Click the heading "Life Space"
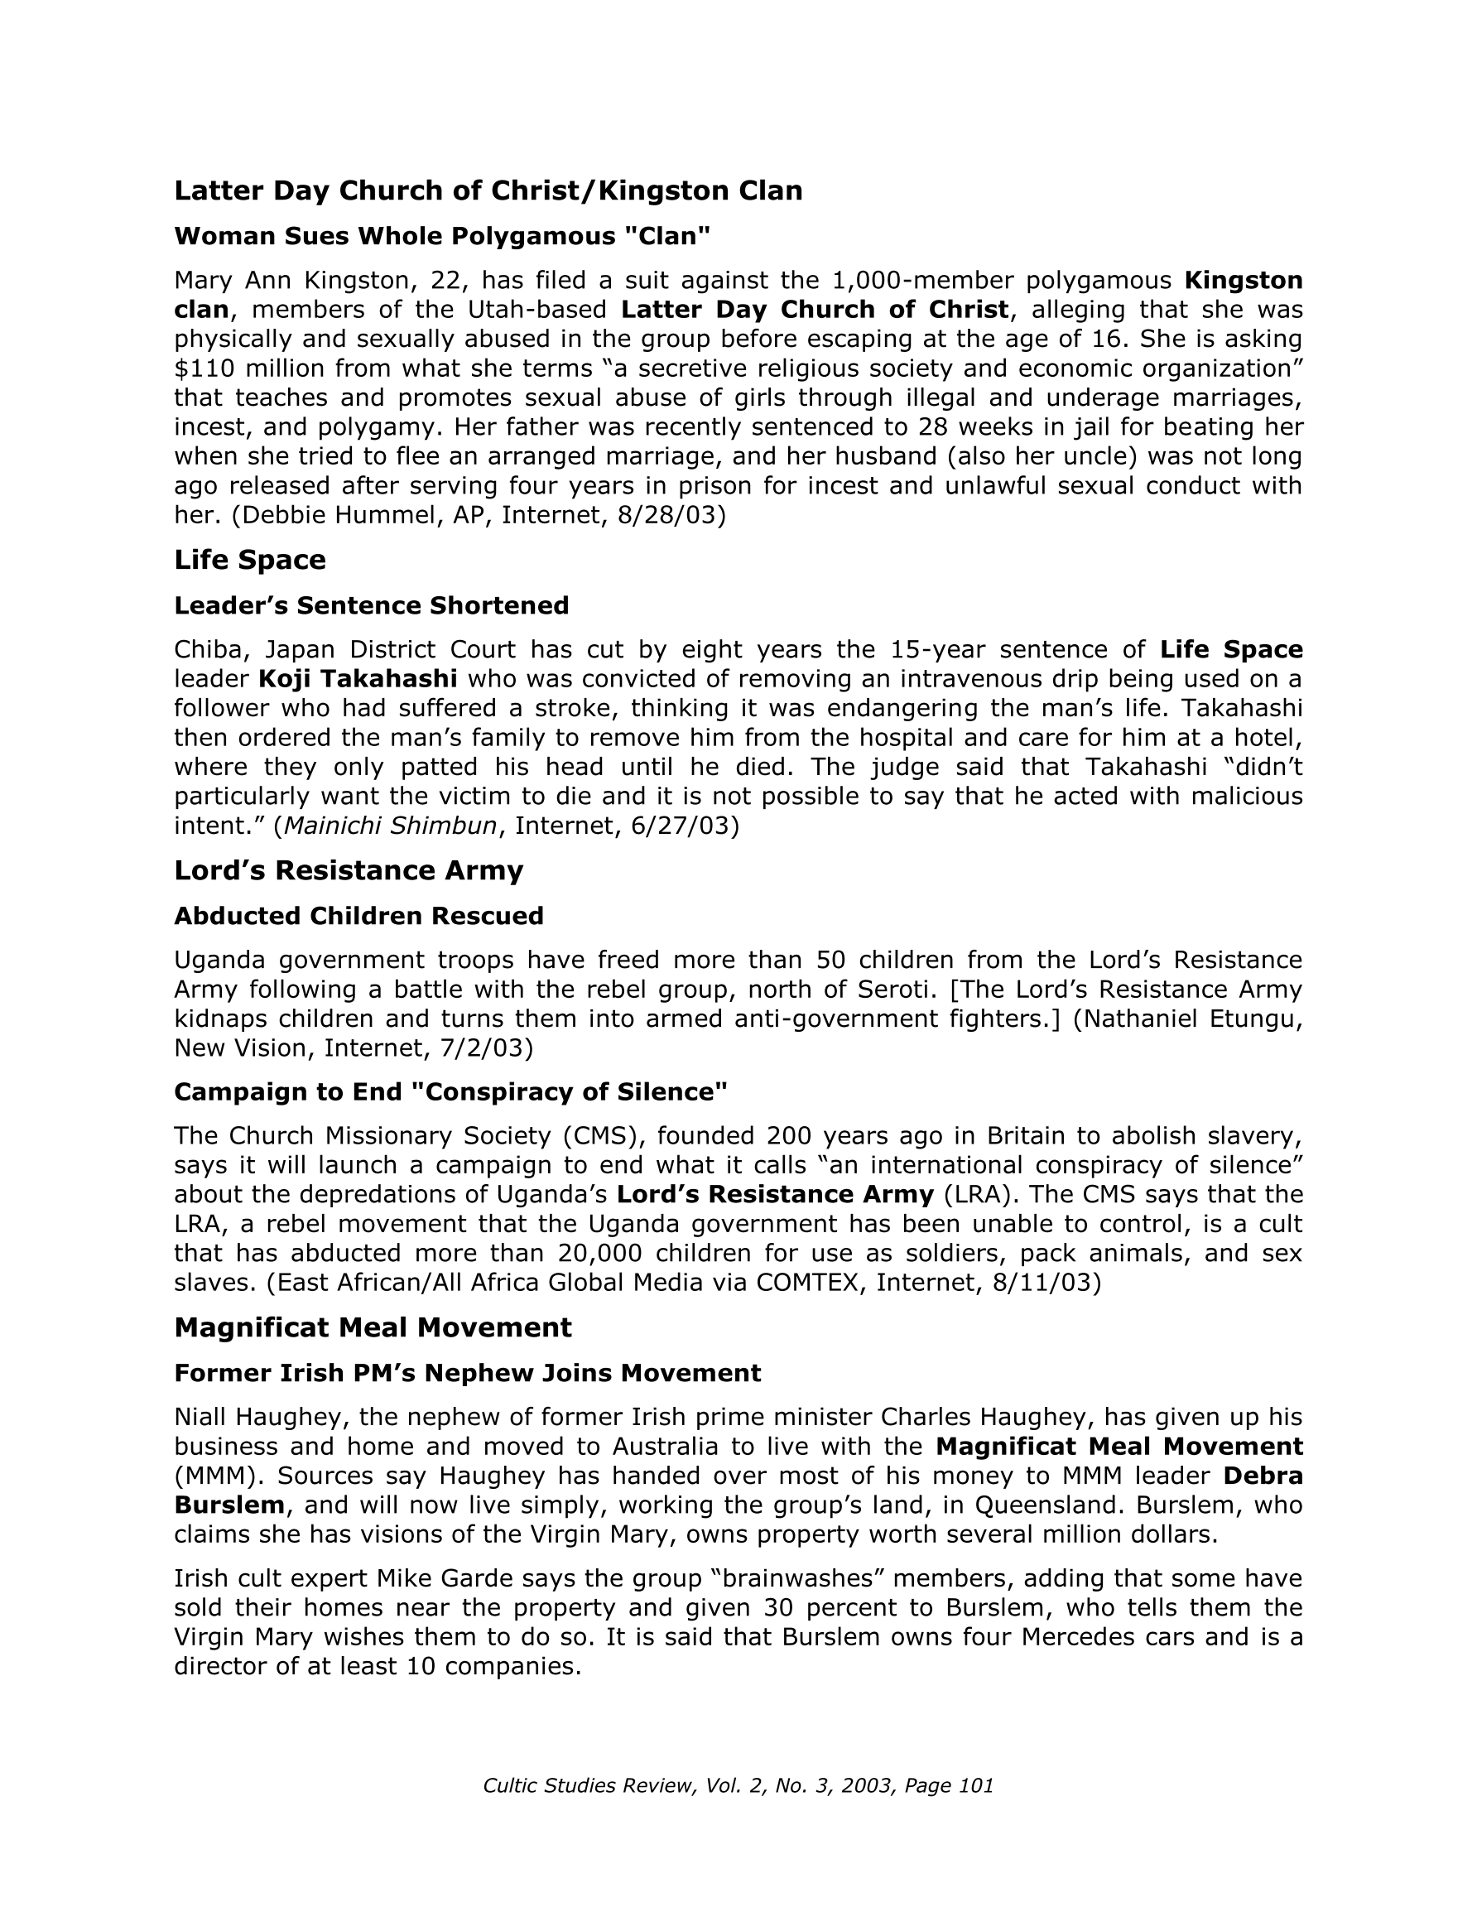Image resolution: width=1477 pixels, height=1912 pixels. click(x=249, y=561)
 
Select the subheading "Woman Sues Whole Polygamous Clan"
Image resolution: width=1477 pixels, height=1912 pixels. click(x=442, y=236)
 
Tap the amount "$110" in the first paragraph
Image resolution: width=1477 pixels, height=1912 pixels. click(x=200, y=368)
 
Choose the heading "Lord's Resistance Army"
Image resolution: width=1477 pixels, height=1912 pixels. click(x=349, y=870)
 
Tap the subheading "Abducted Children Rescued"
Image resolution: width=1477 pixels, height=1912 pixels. click(x=359, y=916)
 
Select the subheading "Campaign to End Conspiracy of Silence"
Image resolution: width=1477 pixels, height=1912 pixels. click(x=451, y=1091)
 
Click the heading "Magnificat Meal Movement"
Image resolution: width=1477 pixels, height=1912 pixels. click(x=373, y=1327)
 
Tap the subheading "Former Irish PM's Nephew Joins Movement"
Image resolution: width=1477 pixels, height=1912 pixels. click(x=468, y=1373)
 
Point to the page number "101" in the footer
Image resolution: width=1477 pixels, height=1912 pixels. click(x=976, y=1786)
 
